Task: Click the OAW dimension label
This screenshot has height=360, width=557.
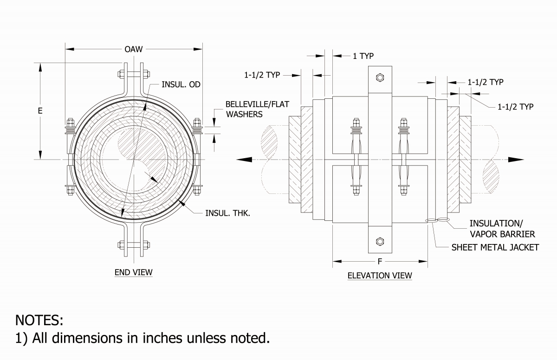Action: pos(133,49)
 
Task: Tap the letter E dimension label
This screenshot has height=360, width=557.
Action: pos(40,111)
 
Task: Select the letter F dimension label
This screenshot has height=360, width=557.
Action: pos(380,262)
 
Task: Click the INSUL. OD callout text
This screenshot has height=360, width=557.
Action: pos(181,84)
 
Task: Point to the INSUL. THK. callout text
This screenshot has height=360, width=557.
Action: pos(227,214)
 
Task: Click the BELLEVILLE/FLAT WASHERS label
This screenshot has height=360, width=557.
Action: pos(250,109)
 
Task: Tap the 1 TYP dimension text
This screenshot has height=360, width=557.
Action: pos(363,56)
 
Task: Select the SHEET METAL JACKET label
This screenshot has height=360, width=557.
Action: pos(495,247)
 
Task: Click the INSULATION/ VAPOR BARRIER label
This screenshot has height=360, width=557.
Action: pos(502,228)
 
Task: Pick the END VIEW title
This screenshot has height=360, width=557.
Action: pos(133,272)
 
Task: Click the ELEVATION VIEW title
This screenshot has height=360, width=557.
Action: pos(380,276)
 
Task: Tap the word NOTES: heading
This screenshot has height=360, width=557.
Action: pos(39,320)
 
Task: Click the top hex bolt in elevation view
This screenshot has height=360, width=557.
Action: pos(380,77)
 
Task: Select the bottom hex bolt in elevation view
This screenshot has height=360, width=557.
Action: pos(380,241)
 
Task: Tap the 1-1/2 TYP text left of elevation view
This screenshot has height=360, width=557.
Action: pos(262,75)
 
